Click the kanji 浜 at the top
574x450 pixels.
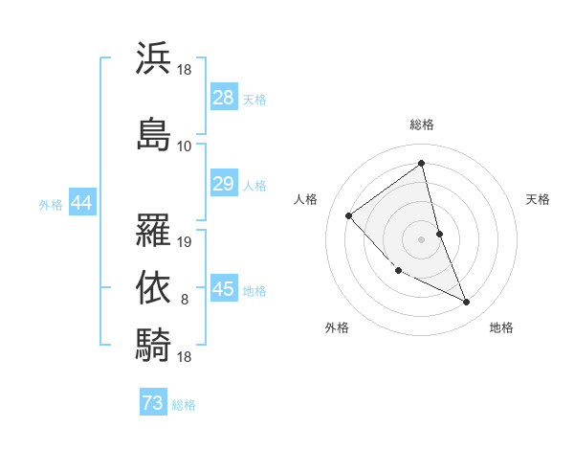pyautogui.click(x=153, y=58)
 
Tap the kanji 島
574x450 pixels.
pyautogui.click(x=153, y=132)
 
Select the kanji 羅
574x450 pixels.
pyautogui.click(x=153, y=229)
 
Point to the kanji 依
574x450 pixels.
pyautogui.click(x=153, y=286)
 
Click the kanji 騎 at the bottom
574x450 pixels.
pyautogui.click(x=153, y=344)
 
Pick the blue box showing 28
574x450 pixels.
pyautogui.click(x=223, y=98)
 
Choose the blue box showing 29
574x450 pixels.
pyautogui.click(x=223, y=184)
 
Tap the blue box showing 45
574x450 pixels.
pyautogui.click(x=223, y=290)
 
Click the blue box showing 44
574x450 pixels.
pyautogui.click(x=80, y=203)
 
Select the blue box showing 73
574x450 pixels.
pyautogui.click(x=153, y=403)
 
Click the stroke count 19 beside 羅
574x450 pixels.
pyautogui.click(x=186, y=242)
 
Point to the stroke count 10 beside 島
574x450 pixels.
pyautogui.click(x=185, y=146)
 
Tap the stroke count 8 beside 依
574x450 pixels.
pyautogui.click(x=186, y=300)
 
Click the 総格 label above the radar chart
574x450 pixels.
pyautogui.click(x=422, y=125)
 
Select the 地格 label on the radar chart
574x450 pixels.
pyautogui.click(x=501, y=327)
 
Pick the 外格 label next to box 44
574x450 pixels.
pyautogui.click(x=51, y=204)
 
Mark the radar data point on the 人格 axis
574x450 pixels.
pyautogui.click(x=349, y=215)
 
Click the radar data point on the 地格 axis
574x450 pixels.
pyautogui.click(x=467, y=303)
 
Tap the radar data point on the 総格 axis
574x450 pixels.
pyautogui.click(x=422, y=164)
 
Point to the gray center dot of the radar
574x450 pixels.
pyautogui.click(x=422, y=238)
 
